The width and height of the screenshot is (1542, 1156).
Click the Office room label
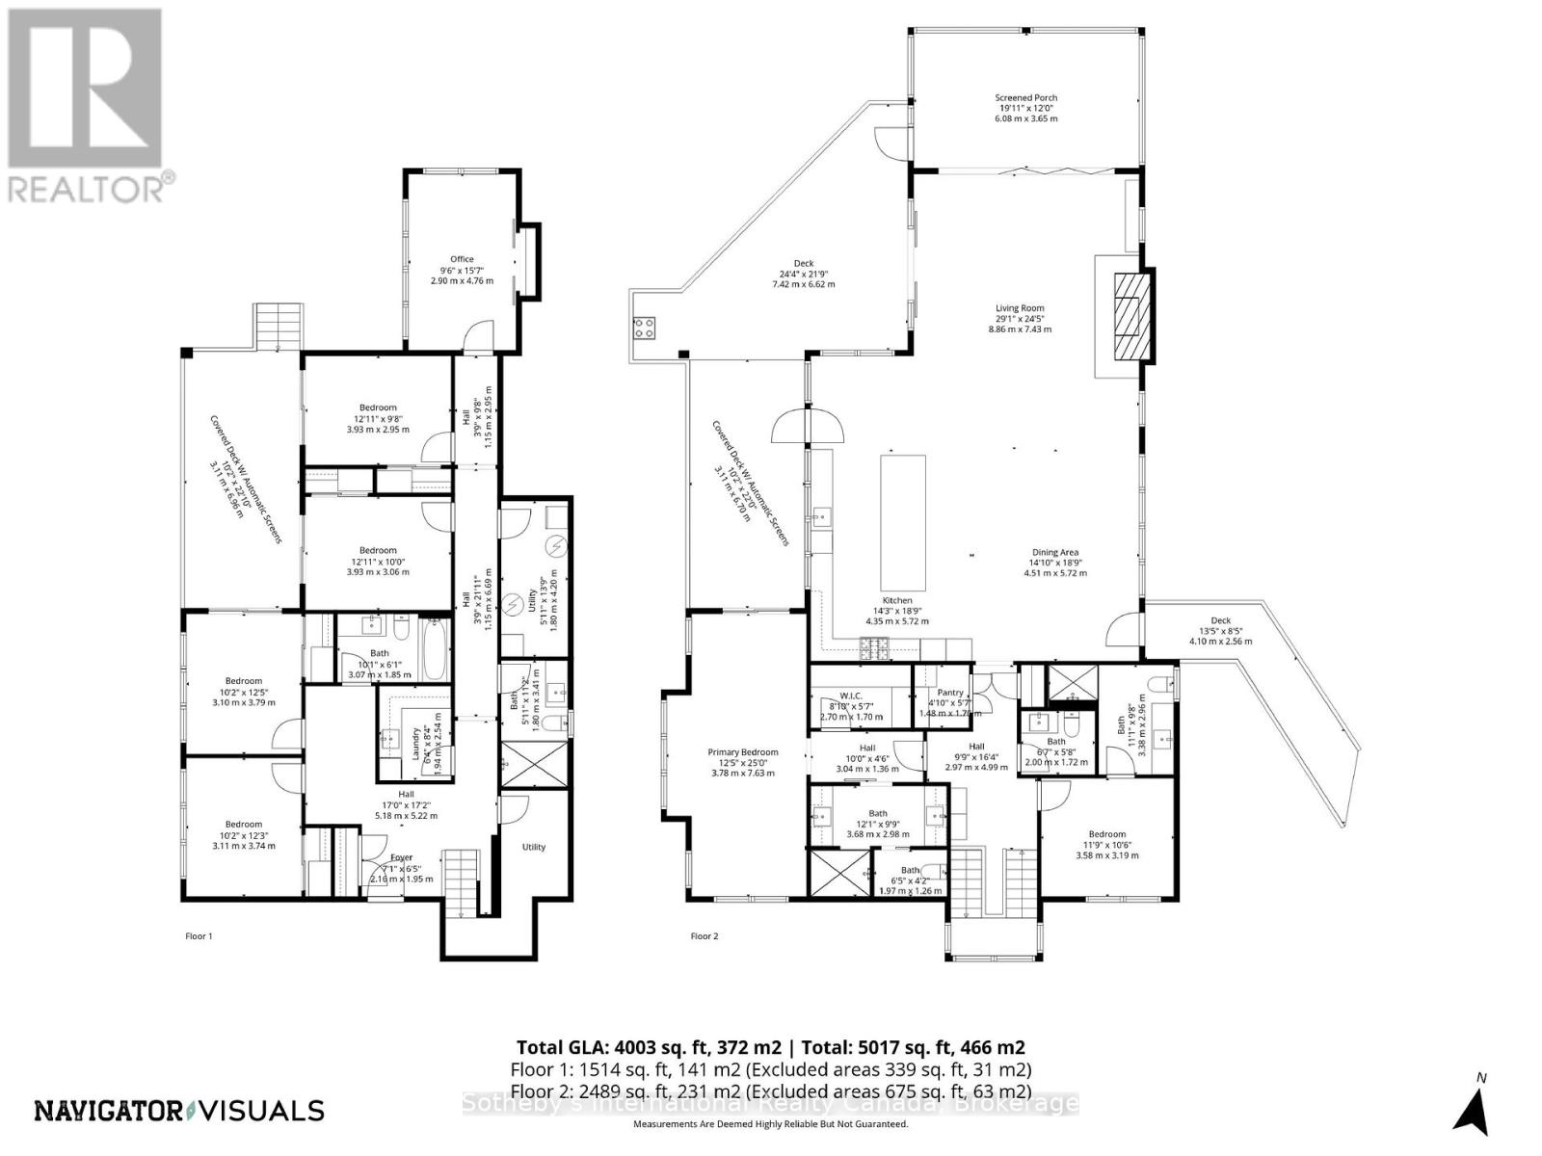pos(462,260)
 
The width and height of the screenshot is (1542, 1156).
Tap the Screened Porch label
pos(1025,98)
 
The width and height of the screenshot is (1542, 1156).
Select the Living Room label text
pos(1019,309)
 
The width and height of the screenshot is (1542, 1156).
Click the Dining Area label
pos(1054,554)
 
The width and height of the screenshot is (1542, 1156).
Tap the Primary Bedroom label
pos(742,752)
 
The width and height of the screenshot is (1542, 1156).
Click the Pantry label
pos(949,693)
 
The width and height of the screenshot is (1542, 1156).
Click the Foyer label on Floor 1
pos(401,857)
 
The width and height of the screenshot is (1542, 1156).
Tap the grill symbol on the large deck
pos(645,328)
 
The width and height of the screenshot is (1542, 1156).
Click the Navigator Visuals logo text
pos(179,1111)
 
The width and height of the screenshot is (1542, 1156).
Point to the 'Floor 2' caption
pos(704,935)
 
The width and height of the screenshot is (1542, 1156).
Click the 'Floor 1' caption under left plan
pos(198,935)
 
